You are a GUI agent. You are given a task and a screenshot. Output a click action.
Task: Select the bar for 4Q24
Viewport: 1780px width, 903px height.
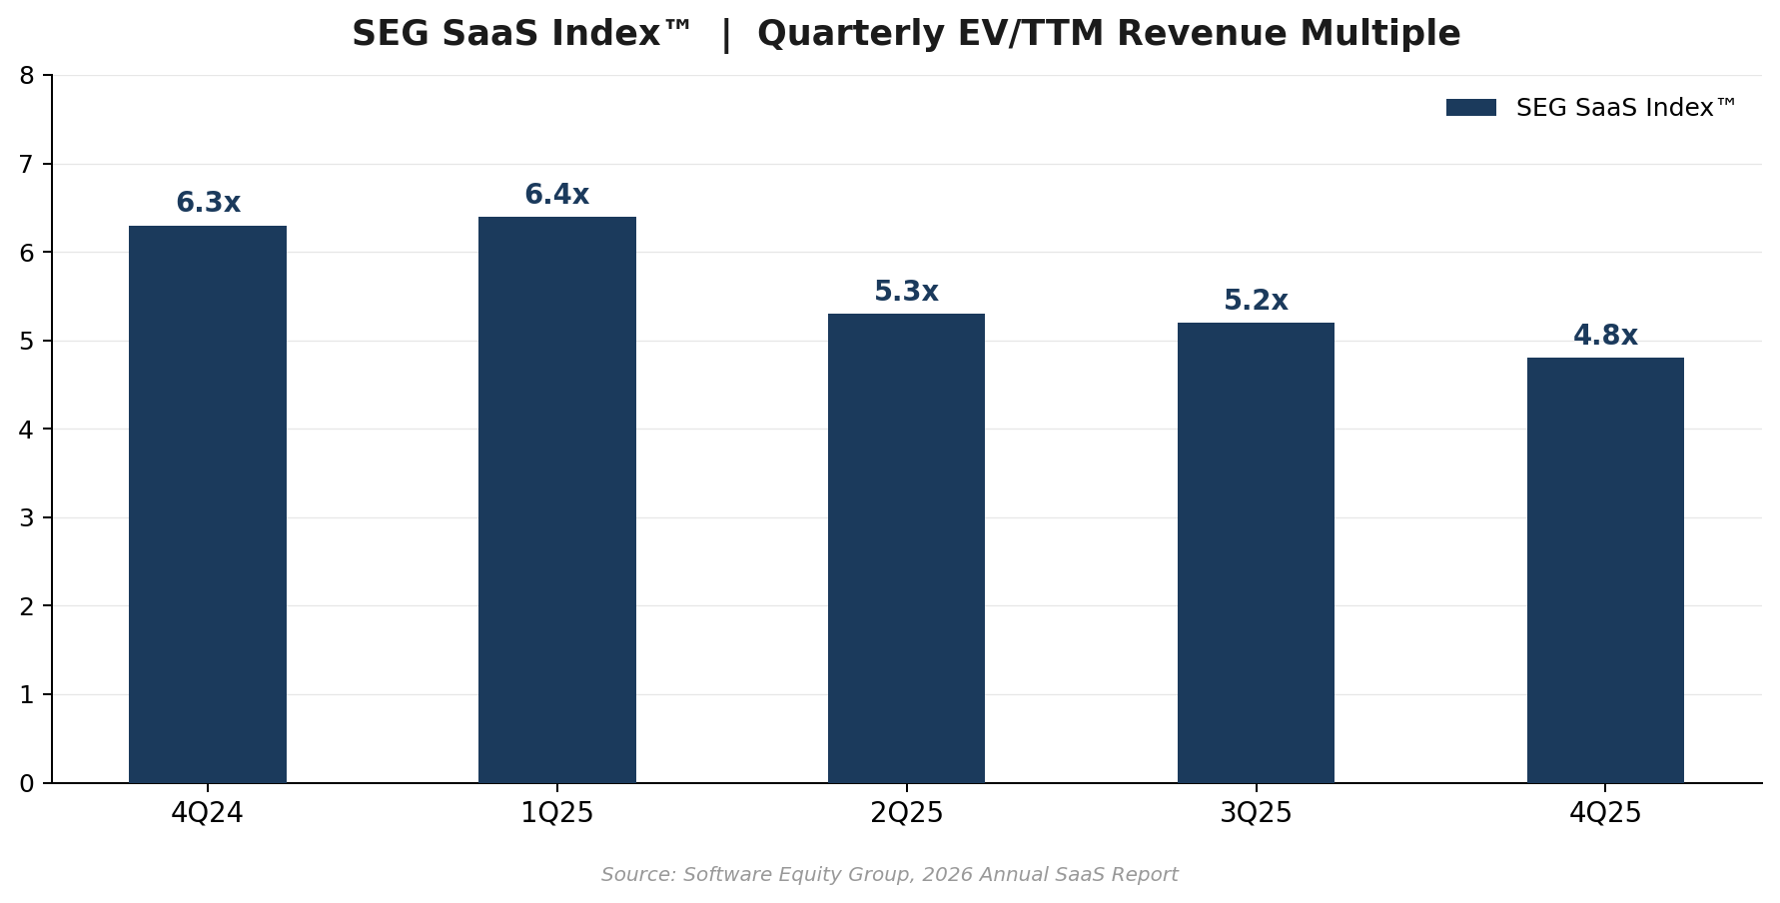tap(208, 504)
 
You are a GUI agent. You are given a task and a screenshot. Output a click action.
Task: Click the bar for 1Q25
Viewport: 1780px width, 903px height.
tap(556, 499)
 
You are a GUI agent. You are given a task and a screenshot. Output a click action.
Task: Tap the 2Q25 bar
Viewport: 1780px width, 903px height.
tap(906, 548)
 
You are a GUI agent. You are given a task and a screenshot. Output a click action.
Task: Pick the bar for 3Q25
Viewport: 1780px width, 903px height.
tap(1256, 552)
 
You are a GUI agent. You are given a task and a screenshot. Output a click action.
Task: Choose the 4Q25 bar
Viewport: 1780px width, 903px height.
tap(1605, 570)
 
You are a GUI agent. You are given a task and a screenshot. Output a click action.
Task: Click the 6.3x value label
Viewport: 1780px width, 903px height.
tap(208, 203)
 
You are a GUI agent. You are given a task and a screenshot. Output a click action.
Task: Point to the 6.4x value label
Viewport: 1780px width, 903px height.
tap(556, 195)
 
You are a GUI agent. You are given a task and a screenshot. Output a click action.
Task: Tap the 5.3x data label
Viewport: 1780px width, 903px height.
tap(906, 292)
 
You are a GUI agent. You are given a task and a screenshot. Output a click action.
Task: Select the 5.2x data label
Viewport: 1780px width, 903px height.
tap(1256, 301)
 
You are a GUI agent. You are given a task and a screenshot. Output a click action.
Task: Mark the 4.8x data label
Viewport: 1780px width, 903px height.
tap(1605, 336)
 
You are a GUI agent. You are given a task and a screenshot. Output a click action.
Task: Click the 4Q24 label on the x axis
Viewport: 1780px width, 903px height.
tap(208, 813)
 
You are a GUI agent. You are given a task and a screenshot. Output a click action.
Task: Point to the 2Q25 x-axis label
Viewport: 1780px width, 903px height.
tap(906, 813)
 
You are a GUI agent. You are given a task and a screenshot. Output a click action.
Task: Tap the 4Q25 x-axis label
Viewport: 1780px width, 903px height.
tap(1605, 813)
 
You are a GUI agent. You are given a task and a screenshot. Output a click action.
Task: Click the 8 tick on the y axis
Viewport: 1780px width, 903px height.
tap(27, 76)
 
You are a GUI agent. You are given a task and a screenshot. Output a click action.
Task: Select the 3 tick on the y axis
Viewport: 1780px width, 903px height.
tap(27, 518)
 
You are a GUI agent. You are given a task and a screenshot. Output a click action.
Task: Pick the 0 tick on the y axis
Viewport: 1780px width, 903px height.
tap(27, 784)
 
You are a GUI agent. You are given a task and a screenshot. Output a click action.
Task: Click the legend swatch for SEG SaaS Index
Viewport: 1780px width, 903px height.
tap(1470, 108)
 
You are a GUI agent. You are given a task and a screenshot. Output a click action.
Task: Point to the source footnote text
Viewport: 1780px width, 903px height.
tap(889, 875)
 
